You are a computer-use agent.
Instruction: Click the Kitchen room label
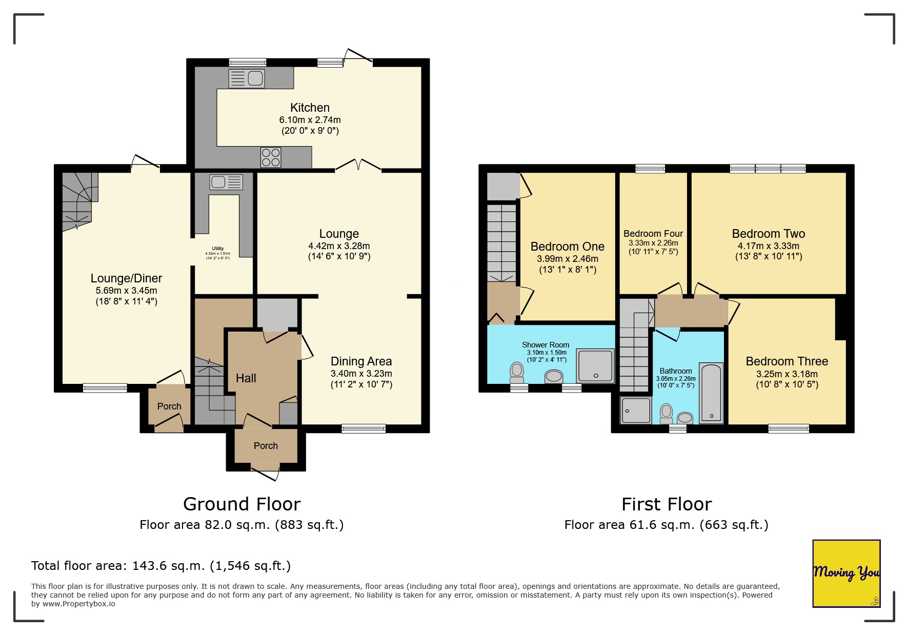pos(310,108)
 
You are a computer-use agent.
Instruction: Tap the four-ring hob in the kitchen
pos(271,157)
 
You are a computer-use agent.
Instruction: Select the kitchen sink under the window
pos(247,78)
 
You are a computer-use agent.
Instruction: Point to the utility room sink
pos(226,182)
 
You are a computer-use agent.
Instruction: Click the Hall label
pos(246,378)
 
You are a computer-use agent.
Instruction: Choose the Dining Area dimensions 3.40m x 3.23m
pos(361,374)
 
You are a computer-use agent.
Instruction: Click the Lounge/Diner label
pos(126,278)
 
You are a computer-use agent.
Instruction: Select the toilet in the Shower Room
pos(517,372)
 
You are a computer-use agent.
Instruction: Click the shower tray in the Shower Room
pos(595,366)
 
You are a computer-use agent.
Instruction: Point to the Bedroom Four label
pos(653,234)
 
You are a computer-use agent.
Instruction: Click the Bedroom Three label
pos(786,361)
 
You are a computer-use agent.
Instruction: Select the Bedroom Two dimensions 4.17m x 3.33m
pos(768,246)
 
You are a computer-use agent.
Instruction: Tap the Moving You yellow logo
pos(846,573)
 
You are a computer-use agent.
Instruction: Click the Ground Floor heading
pos(241,504)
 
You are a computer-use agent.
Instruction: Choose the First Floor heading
pos(667,504)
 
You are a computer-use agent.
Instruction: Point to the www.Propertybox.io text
pos(78,604)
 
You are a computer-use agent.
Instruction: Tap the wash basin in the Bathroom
pos(685,418)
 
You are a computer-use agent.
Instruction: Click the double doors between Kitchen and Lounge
pos(358,166)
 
